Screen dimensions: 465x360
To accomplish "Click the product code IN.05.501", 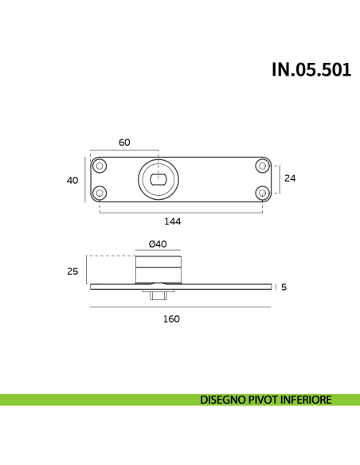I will click(x=311, y=69).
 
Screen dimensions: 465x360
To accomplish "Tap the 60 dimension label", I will click(x=124, y=143).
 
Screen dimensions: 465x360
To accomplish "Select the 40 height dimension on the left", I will click(x=72, y=180).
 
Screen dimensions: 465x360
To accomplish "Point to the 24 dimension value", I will click(x=290, y=178).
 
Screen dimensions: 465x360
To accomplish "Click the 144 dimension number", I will click(x=172, y=221).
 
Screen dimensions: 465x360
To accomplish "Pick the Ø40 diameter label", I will click(x=158, y=244).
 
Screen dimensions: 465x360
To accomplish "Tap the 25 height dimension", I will click(x=72, y=272).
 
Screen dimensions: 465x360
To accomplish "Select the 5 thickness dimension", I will click(x=283, y=287).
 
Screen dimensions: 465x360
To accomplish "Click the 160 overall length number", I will click(x=171, y=318).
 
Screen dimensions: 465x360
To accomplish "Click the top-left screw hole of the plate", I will click(x=100, y=166).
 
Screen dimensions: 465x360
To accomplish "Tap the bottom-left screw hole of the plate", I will click(x=100, y=193).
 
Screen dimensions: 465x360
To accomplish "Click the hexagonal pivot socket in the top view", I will click(x=158, y=179).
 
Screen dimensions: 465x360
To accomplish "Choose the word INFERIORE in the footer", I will click(x=311, y=400).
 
